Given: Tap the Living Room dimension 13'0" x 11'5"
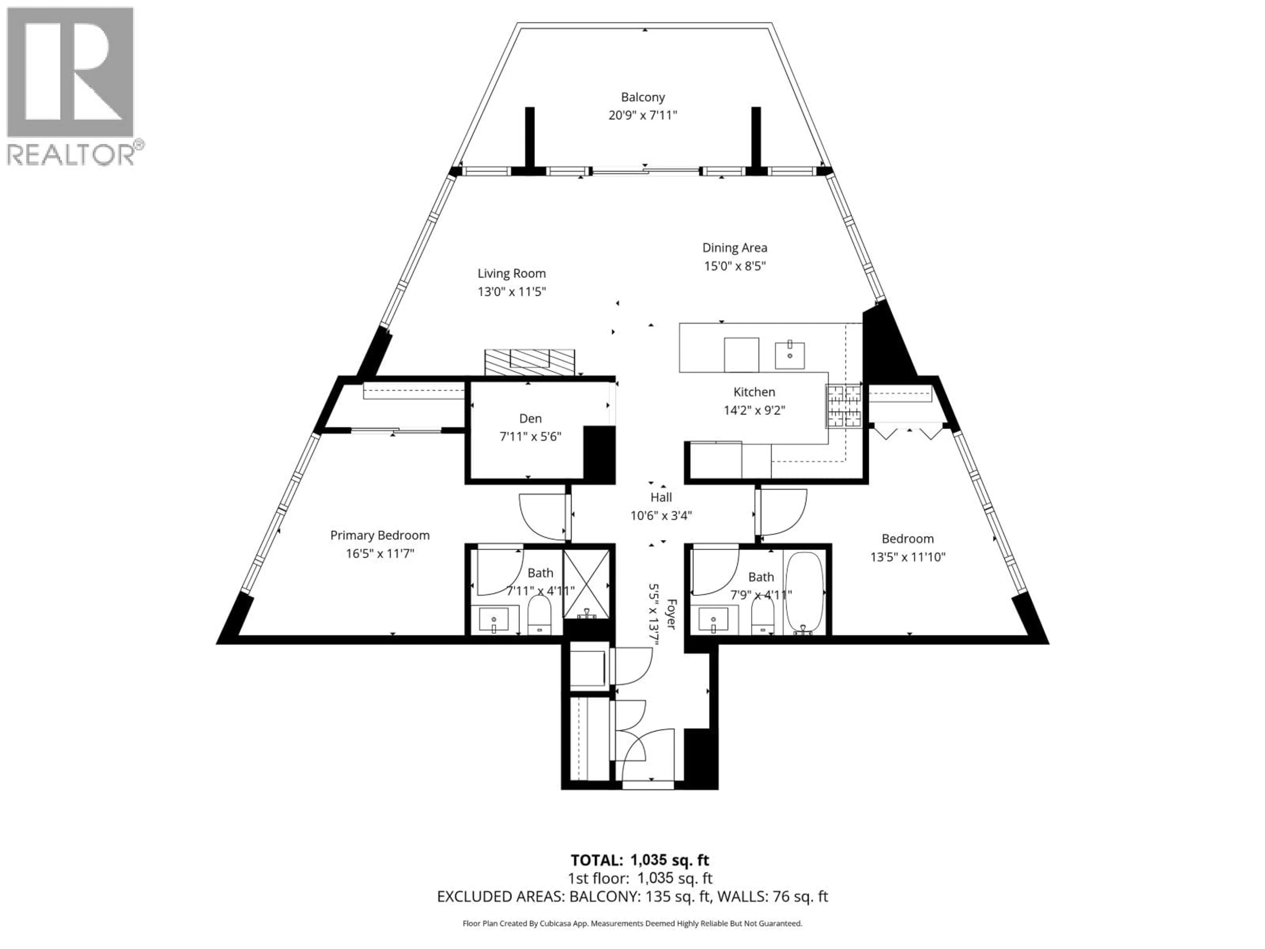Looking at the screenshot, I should [x=512, y=292].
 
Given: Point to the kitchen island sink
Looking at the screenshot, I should [x=790, y=355].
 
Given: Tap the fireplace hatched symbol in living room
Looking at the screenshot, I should [x=530, y=362].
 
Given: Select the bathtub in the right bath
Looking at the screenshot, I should [x=804, y=593].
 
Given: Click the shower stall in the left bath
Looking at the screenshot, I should [x=586, y=584].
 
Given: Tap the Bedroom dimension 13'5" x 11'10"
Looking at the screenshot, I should [x=908, y=557].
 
